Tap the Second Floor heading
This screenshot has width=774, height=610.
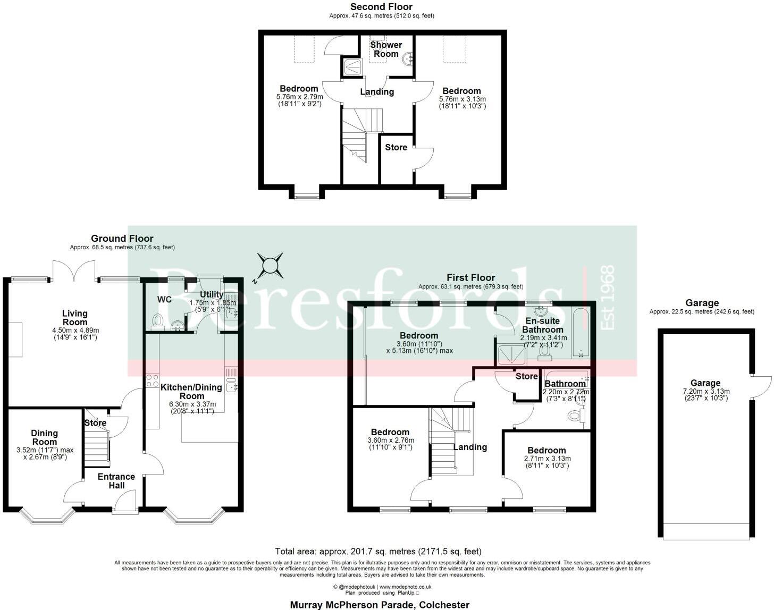381,7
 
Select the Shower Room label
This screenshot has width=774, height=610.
386,49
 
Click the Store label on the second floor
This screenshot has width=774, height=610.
396,147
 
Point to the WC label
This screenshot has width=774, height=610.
164,300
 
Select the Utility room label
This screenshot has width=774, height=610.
211,294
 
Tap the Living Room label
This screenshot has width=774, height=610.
75,318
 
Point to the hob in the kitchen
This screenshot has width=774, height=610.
152,380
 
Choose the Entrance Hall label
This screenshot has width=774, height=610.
116,481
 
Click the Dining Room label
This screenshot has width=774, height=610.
44,437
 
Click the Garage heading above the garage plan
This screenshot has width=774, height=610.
702,303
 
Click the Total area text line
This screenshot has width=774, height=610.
378,552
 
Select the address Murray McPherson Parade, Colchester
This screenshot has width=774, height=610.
380,605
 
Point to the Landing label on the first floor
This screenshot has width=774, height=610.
470,447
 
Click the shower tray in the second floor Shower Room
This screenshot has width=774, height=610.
351,66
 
